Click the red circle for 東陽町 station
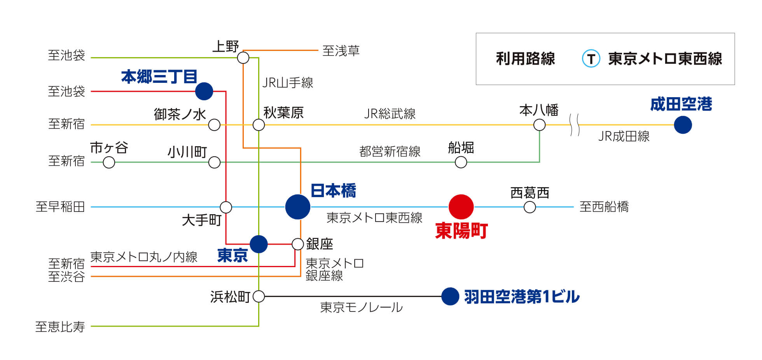(461, 207)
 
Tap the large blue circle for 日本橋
(297, 207)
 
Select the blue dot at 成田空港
(683, 125)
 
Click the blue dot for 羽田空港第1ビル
(450, 297)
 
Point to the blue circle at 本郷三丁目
(204, 91)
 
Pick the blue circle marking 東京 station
(259, 244)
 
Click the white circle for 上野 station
(243, 58)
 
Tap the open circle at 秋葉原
(259, 125)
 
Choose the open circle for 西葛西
(530, 207)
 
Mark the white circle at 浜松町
(259, 297)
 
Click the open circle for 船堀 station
(461, 162)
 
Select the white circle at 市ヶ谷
(109, 162)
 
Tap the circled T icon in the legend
(591, 59)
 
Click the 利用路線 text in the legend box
(525, 59)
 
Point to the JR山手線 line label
(288, 83)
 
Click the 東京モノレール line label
(361, 308)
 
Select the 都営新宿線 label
(390, 152)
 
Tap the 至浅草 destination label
(341, 51)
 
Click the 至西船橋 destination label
(604, 207)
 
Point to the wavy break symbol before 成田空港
(575, 125)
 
